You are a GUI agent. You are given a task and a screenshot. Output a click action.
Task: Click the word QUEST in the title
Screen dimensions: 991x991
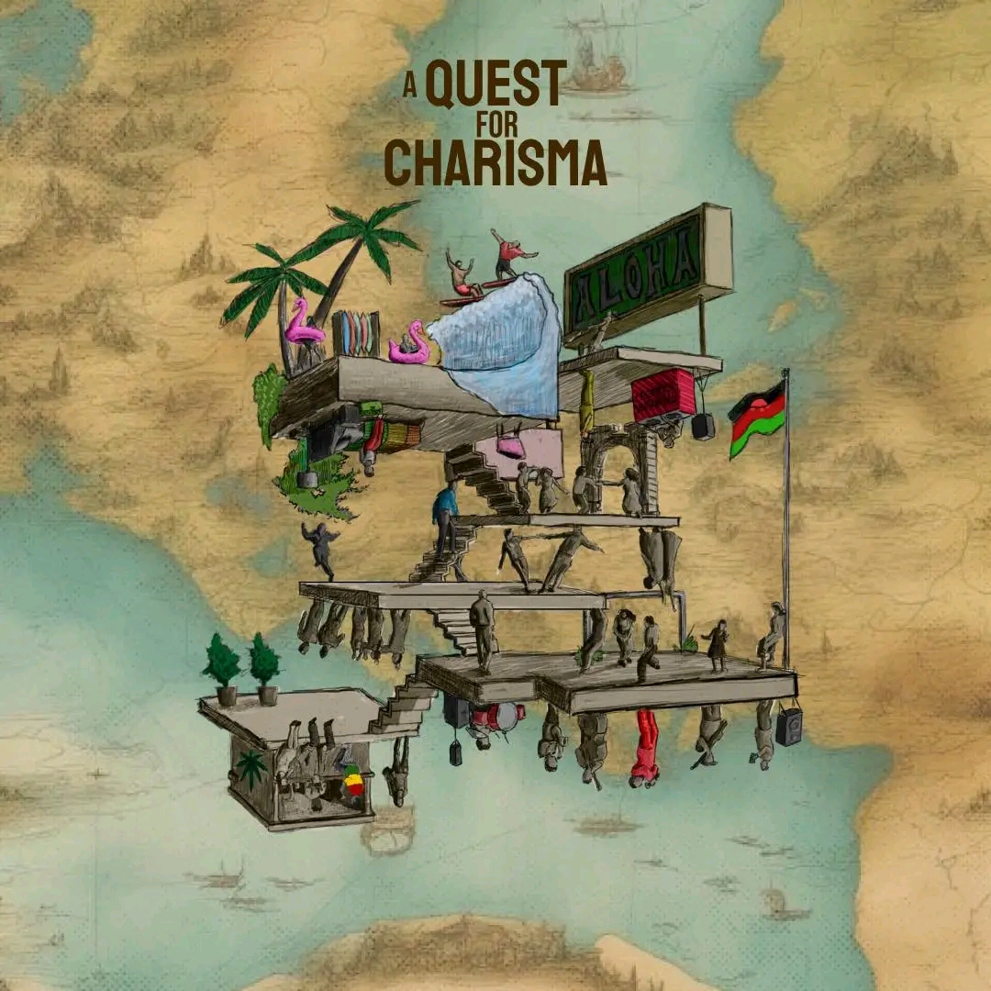click(x=496, y=85)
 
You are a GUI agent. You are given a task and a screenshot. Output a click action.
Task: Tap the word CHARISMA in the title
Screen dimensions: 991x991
click(x=495, y=163)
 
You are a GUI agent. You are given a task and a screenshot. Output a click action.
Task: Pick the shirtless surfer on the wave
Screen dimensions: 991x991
click(x=461, y=274)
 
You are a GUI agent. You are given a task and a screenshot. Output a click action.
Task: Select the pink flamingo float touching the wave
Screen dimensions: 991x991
click(x=409, y=344)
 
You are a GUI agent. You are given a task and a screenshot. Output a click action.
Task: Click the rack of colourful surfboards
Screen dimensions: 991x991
click(x=356, y=332)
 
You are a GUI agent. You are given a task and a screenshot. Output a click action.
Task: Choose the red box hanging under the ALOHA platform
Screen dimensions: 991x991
click(x=663, y=395)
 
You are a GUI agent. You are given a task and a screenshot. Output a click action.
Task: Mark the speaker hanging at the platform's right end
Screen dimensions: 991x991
click(x=788, y=727)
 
